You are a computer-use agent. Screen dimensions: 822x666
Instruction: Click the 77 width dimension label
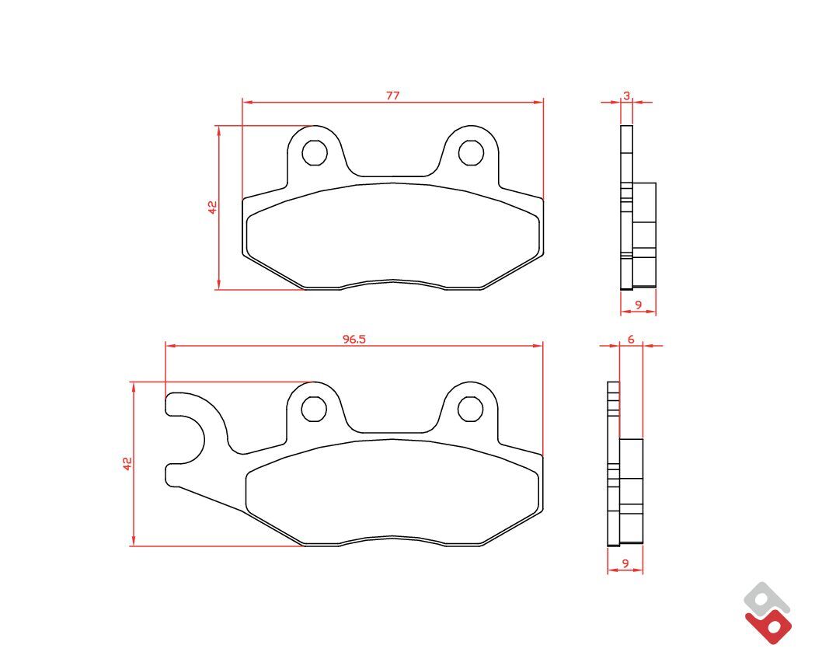(x=392, y=96)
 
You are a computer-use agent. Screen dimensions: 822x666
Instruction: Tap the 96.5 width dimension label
(x=354, y=340)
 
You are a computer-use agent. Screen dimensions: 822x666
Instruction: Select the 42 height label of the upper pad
(x=212, y=207)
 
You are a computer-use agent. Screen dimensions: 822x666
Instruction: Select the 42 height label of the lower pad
(x=127, y=464)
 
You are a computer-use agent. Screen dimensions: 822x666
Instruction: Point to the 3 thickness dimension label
(x=626, y=96)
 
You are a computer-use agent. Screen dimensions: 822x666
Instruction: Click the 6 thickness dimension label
(x=631, y=340)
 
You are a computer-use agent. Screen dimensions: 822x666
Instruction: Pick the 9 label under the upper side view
(x=638, y=305)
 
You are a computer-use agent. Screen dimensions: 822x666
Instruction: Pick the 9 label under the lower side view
(x=625, y=563)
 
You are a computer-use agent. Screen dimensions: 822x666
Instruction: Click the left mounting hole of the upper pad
(x=315, y=152)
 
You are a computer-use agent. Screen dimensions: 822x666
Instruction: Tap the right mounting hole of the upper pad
(x=471, y=152)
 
